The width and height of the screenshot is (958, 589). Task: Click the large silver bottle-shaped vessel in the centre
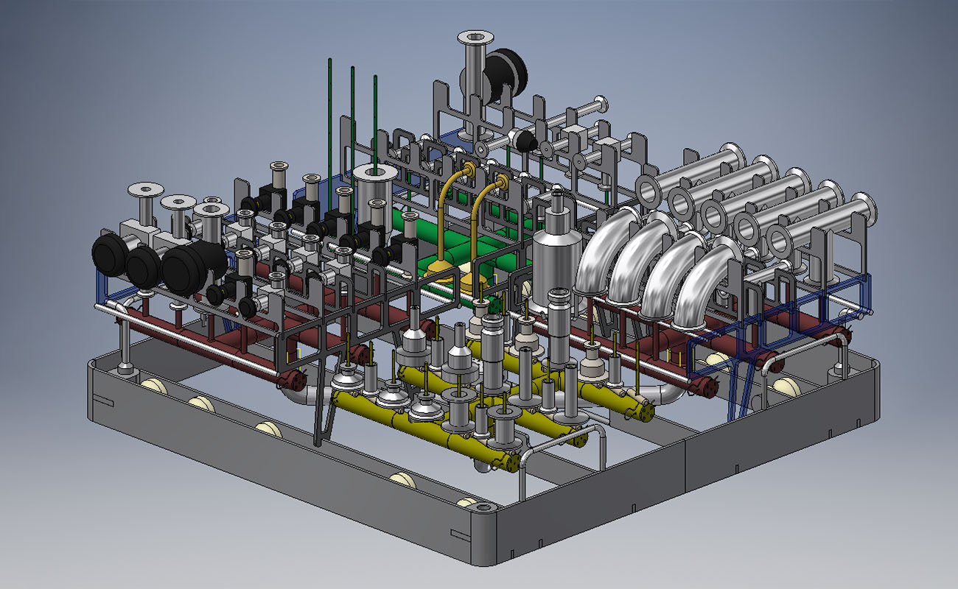pos(556,258)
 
